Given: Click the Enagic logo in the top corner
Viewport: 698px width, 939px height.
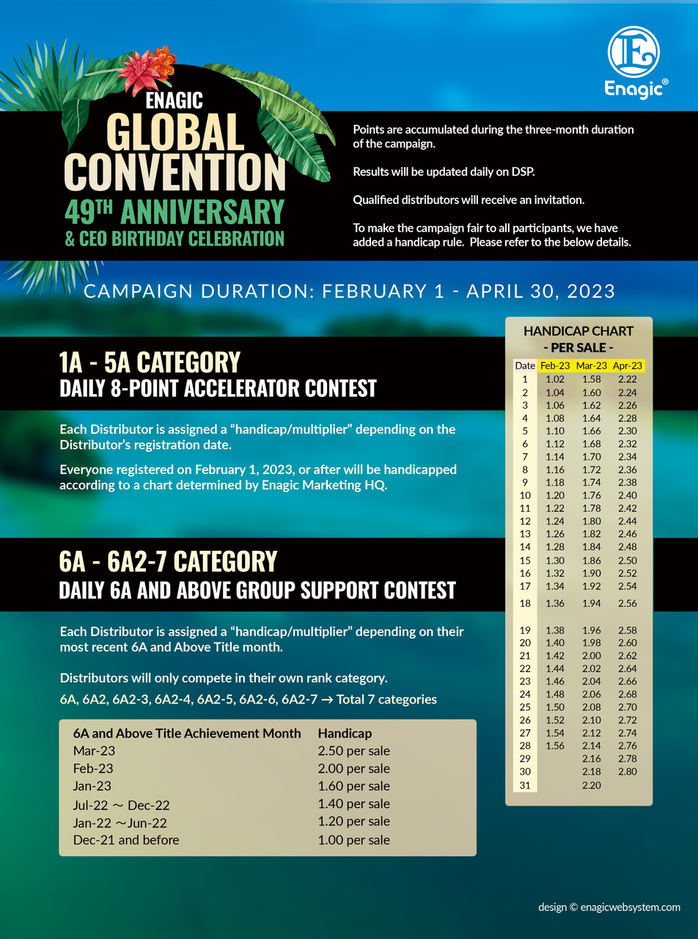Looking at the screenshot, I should (x=633, y=62).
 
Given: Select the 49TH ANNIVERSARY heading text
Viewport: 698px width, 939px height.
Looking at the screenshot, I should (x=174, y=212).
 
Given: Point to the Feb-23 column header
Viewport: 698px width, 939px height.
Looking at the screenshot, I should (x=554, y=365).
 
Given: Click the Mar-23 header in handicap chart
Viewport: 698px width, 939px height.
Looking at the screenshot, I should (x=591, y=365).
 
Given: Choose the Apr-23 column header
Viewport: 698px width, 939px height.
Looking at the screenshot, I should (x=627, y=365).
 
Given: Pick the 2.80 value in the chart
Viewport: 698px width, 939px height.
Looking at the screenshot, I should (x=627, y=771).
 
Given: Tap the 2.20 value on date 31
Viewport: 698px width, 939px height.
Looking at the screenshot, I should (x=591, y=785).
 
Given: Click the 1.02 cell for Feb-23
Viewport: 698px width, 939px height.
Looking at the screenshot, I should (x=555, y=379).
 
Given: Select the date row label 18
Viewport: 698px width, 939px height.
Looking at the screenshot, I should (x=525, y=603).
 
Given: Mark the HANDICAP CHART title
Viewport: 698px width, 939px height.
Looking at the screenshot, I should (x=578, y=332).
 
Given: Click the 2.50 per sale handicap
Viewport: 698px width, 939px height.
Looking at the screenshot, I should (x=353, y=750).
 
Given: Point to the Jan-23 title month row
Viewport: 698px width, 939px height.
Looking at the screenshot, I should (x=92, y=786).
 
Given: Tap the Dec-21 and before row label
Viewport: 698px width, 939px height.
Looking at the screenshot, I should (x=126, y=840).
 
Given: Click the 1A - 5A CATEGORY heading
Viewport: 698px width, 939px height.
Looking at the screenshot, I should (x=150, y=362).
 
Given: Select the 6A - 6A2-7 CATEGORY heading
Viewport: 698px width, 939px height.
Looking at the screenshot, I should (x=168, y=562).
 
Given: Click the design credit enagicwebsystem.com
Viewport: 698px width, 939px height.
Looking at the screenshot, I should (x=609, y=907).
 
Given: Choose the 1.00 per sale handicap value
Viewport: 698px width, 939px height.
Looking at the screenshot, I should (x=353, y=840).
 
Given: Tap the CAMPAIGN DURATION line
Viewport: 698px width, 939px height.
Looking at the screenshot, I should (x=349, y=291).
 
